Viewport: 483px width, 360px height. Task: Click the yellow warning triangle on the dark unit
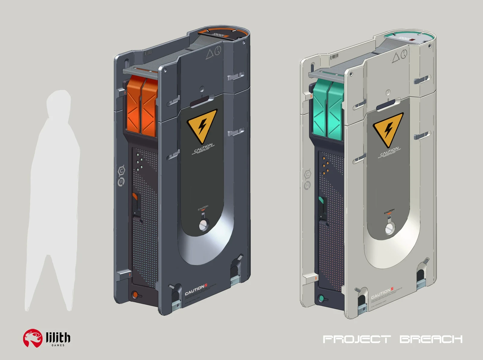pyautogui.click(x=202, y=124)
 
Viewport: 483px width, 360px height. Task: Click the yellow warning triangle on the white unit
pyautogui.click(x=388, y=128)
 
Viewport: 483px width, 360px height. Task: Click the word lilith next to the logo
pyautogui.click(x=58, y=337)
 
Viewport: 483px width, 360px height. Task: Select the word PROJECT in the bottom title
pyautogui.click(x=357, y=339)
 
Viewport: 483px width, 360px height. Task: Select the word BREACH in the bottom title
pyautogui.click(x=431, y=339)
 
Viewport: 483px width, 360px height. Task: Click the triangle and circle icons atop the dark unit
pyautogui.click(x=214, y=53)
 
